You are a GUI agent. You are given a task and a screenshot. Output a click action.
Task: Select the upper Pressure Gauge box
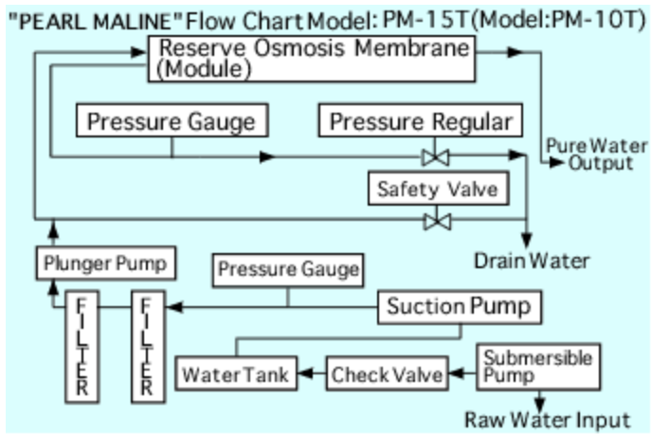[172, 121]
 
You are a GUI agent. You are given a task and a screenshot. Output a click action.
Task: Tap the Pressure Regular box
[421, 121]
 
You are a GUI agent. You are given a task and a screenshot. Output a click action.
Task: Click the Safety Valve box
[437, 188]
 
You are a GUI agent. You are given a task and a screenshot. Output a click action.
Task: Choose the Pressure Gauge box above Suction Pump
[288, 270]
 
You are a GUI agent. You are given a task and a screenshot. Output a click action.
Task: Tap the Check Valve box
[388, 374]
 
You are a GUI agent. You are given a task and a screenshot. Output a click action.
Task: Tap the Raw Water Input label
[547, 418]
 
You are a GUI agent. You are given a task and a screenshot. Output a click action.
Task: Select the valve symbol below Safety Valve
[437, 221]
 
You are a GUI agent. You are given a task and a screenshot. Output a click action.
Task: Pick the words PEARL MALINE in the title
[95, 17]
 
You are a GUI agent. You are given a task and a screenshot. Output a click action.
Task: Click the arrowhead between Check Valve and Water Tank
[307, 375]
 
